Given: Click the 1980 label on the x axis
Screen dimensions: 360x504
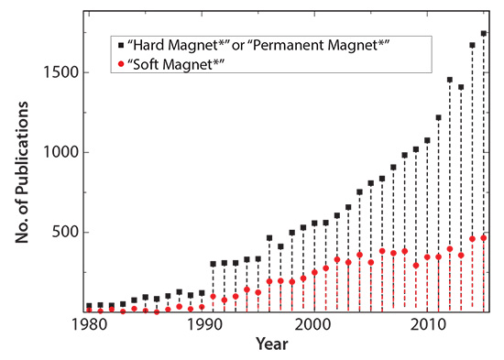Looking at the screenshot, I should (89, 326).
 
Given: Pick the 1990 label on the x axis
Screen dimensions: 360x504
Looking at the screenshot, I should (201, 326).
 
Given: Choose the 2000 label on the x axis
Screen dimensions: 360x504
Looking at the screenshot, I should (313, 326).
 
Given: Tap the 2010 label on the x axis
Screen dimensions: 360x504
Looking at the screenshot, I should (426, 326).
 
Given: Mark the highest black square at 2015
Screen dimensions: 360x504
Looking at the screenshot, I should (484, 33).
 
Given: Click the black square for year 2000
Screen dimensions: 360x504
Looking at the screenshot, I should (314, 223).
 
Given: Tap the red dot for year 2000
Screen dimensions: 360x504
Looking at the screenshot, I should (314, 272).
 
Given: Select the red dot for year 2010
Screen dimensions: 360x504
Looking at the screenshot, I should (427, 256).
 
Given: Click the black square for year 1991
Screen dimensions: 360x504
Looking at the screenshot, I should (214, 264).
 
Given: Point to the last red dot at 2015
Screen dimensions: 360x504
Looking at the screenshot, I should (484, 238).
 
